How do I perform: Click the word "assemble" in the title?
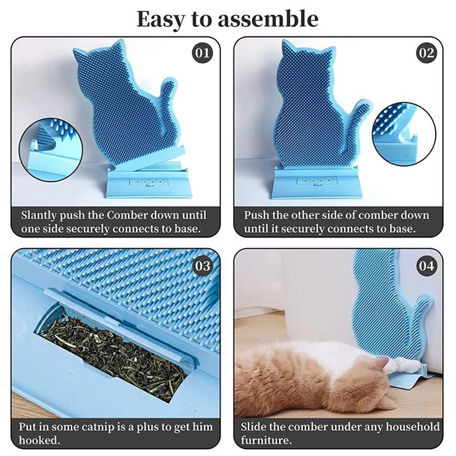(x=267, y=19)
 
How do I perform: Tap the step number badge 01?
(x=202, y=53)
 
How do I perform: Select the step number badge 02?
(x=426, y=53)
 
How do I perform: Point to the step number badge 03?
(x=202, y=266)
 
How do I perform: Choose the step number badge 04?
(x=426, y=266)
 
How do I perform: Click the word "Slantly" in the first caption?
(x=39, y=216)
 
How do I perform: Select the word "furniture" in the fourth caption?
(x=266, y=440)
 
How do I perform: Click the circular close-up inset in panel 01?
(x=51, y=149)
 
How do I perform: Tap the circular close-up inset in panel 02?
(x=404, y=134)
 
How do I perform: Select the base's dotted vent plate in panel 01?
(x=149, y=182)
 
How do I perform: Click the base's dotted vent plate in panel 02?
(x=316, y=181)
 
